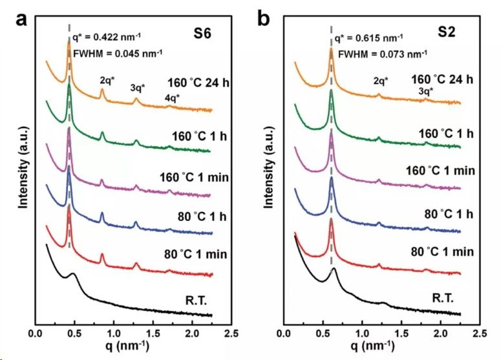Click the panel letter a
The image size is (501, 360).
22,19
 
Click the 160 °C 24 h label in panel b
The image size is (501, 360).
442,79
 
